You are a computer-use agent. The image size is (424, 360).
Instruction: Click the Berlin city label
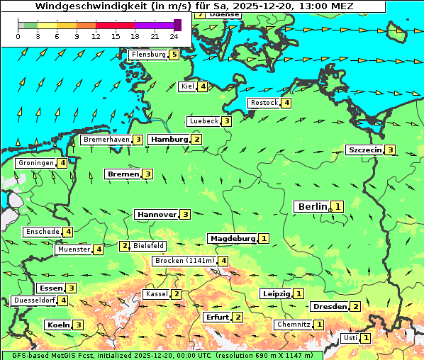pos(313,206)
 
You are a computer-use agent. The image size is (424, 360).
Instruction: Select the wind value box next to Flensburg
pos(174,54)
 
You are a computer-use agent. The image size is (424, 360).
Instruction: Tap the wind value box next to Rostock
pos(286,103)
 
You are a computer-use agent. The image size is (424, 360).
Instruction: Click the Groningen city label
pos(36,163)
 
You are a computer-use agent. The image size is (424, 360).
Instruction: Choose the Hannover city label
pos(157,214)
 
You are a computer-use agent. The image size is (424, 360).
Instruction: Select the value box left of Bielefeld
pos(124,246)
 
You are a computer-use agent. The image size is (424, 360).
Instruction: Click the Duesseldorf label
pos(34,300)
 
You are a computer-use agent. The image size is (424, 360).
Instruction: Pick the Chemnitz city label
pos(294,325)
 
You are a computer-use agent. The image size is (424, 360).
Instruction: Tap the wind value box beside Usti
pos(365,338)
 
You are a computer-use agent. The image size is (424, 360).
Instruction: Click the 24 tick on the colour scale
pos(174,36)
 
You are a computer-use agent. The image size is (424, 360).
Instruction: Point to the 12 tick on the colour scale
pos(96,36)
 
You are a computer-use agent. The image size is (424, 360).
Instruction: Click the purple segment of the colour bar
pos(154,26)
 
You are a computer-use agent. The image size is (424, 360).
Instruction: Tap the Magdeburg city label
pos(232,238)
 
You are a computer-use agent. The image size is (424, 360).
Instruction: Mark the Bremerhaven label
pos(106,140)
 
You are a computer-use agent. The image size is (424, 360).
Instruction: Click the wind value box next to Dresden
pos(355,306)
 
